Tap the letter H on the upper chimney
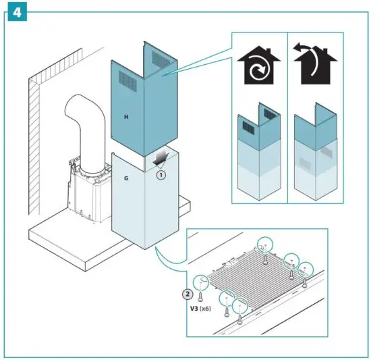tap(126, 116)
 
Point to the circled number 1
tap(161, 174)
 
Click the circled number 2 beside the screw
tap(189, 294)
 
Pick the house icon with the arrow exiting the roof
tap(314, 66)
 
